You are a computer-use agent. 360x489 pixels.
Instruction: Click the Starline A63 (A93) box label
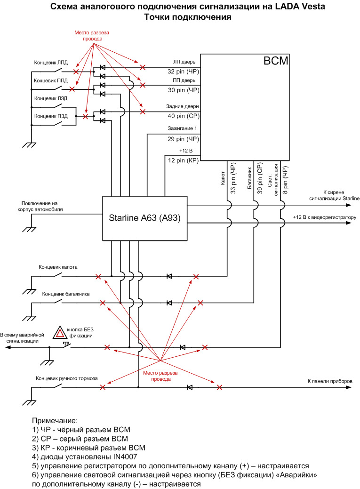(x=145, y=218)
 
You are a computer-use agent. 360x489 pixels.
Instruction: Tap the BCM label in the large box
(x=276, y=61)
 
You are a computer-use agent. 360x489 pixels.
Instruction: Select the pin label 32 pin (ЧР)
(x=184, y=72)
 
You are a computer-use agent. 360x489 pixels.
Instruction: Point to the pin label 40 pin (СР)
(x=184, y=116)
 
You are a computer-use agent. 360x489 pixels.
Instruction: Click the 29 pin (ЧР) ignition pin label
(x=184, y=139)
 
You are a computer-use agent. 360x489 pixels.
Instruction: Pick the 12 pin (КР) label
(x=184, y=160)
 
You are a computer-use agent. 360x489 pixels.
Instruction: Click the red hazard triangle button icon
(x=59, y=332)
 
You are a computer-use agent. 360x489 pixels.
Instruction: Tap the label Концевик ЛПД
(x=51, y=62)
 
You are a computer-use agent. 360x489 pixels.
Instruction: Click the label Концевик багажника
(x=66, y=294)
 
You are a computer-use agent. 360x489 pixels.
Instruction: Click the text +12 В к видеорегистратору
(x=326, y=218)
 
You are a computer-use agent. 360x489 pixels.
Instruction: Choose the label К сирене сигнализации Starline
(x=334, y=196)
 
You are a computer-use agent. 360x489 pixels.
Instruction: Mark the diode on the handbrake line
(x=190, y=387)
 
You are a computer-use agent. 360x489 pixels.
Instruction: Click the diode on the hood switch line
(x=169, y=276)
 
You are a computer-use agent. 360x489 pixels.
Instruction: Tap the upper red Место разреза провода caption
(x=92, y=36)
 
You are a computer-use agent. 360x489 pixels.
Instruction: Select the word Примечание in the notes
(x=54, y=420)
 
